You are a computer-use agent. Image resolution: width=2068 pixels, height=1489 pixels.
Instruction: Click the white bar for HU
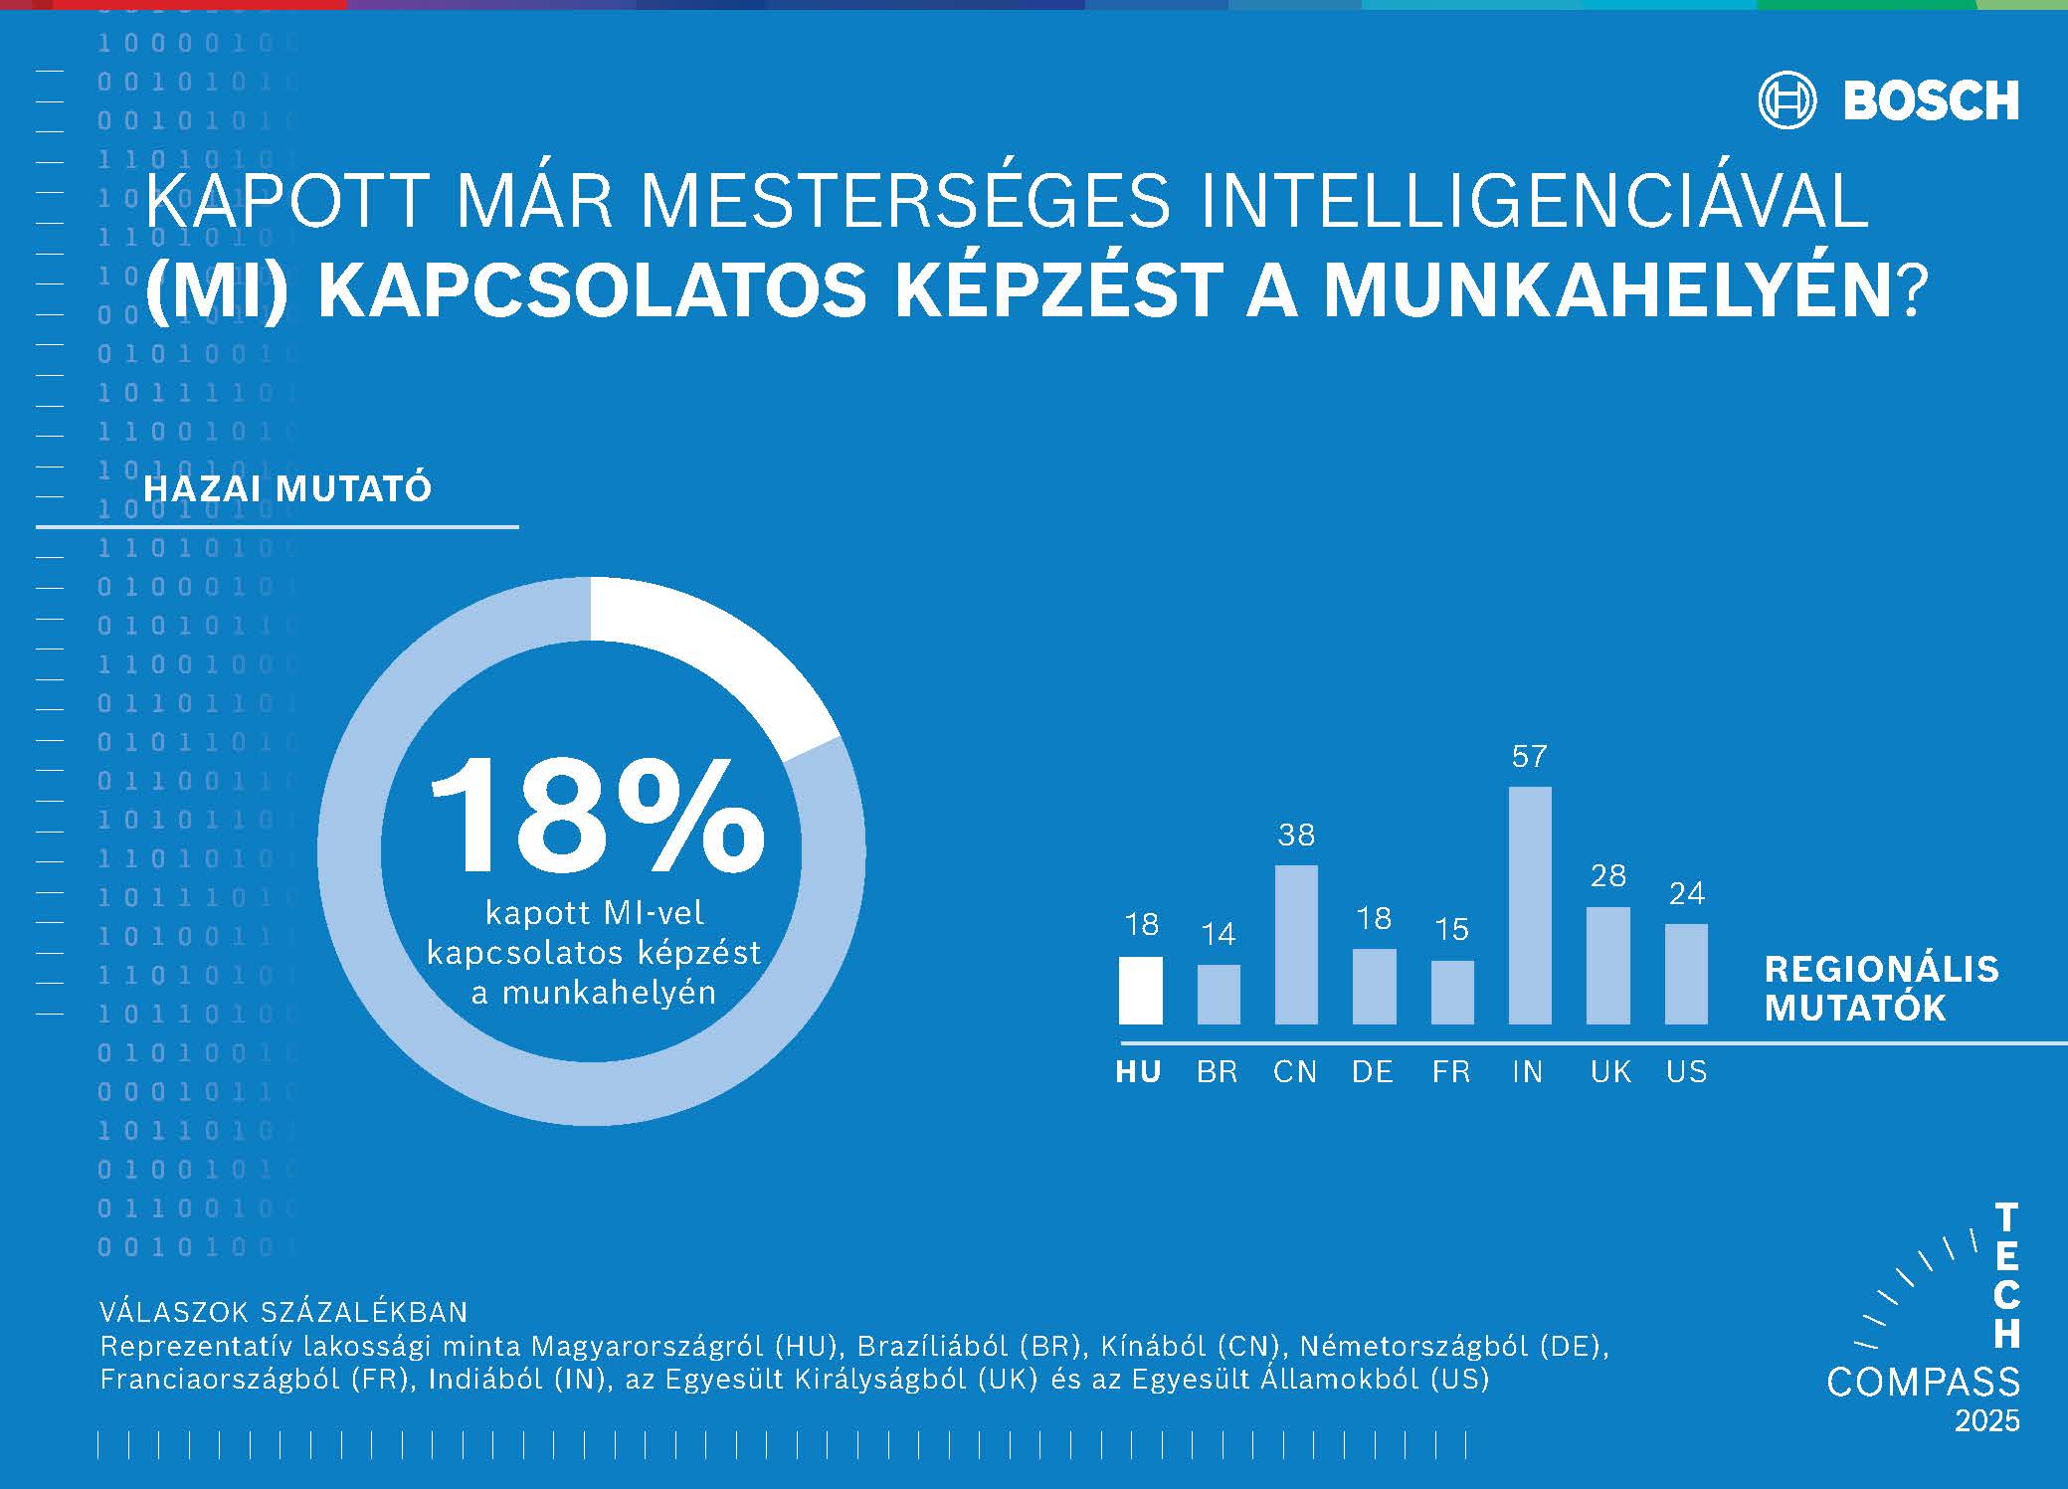coord(1140,990)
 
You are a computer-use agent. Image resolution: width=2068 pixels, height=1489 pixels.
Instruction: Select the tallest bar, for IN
coord(1530,905)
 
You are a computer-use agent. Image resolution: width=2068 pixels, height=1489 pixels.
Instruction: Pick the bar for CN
coord(1296,944)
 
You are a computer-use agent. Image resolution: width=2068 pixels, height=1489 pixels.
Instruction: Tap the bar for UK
coord(1607,965)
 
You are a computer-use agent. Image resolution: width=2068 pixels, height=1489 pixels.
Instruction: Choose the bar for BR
coord(1219,994)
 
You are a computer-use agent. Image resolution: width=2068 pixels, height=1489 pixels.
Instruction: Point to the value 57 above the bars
coord(1529,757)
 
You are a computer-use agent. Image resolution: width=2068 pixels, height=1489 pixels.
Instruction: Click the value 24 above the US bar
coord(1686,893)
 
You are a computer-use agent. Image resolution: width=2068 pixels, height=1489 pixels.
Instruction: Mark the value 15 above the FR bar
coord(1451,929)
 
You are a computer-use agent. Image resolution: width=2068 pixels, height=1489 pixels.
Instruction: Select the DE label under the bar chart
coord(1373,1072)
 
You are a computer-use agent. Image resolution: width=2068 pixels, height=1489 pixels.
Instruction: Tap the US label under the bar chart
coord(1686,1072)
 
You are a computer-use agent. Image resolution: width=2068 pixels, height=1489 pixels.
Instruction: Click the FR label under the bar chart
coord(1451,1072)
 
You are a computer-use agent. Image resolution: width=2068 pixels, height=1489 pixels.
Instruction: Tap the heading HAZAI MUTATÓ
coord(287,489)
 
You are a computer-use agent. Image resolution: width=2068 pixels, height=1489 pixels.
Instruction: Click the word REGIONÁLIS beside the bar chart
coord(1881,969)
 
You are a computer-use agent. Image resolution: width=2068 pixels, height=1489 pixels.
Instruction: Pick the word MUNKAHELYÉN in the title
coord(1607,291)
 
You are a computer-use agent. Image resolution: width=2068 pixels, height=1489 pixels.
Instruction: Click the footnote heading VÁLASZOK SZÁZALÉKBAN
coord(283,1312)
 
